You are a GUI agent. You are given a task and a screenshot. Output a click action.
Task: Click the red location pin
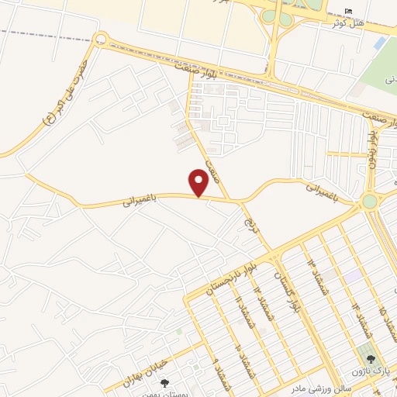pos(200,183)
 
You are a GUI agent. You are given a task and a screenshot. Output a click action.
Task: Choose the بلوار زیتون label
pos(373,147)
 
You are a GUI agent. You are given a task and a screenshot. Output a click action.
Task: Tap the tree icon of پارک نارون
pos(371,360)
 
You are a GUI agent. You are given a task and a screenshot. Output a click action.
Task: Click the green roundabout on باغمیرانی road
pos(370,201)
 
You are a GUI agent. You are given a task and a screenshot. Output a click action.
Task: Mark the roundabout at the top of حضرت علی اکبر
pos(100,38)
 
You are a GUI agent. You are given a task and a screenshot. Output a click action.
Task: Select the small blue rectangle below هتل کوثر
pos(379,44)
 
